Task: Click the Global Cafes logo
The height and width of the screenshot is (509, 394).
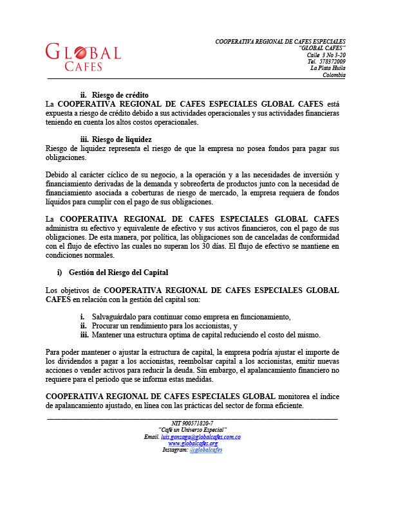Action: pos(83,57)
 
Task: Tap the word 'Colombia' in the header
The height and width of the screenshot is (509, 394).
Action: pos(334,75)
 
